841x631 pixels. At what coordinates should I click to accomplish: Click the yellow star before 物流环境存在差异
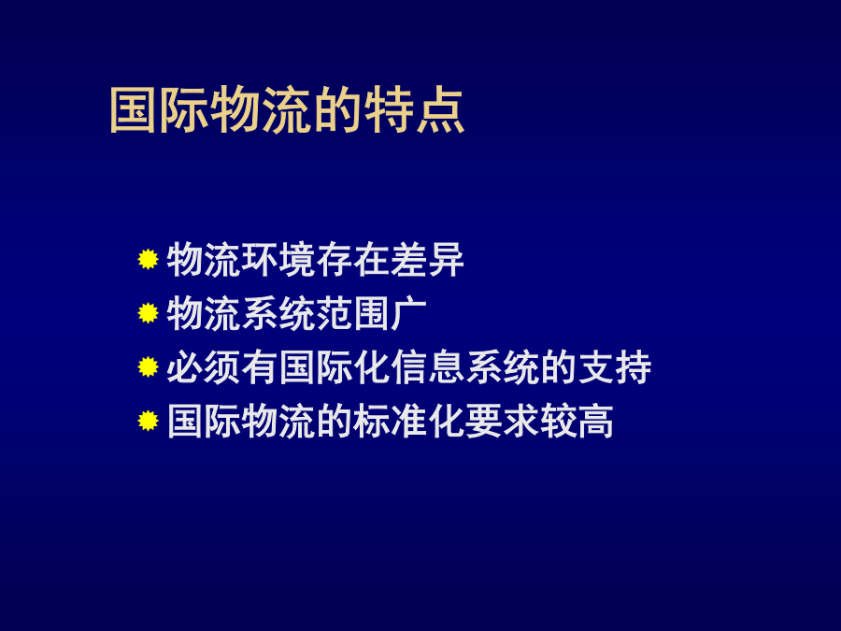click(x=148, y=259)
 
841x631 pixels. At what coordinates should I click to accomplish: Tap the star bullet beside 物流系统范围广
click(x=148, y=313)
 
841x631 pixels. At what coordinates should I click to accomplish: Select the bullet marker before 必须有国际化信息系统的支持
click(x=148, y=367)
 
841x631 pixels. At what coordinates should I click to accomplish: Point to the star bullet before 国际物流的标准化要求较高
click(x=148, y=421)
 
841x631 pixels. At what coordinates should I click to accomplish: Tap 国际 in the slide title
click(x=159, y=110)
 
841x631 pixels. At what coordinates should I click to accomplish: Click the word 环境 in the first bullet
click(x=278, y=260)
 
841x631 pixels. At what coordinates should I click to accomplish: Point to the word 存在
click(x=353, y=260)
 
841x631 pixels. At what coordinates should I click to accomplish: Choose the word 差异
click(x=427, y=260)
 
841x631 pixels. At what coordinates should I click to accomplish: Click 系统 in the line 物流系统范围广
click(x=278, y=313)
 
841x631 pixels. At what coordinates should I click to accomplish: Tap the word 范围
click(x=353, y=313)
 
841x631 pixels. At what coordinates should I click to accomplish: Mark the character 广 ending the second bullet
click(x=408, y=313)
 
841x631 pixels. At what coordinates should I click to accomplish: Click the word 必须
click(x=204, y=367)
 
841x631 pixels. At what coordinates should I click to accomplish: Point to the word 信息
click(x=427, y=367)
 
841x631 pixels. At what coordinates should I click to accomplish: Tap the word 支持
click(x=614, y=367)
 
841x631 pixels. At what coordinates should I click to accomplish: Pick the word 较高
click(x=577, y=422)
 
